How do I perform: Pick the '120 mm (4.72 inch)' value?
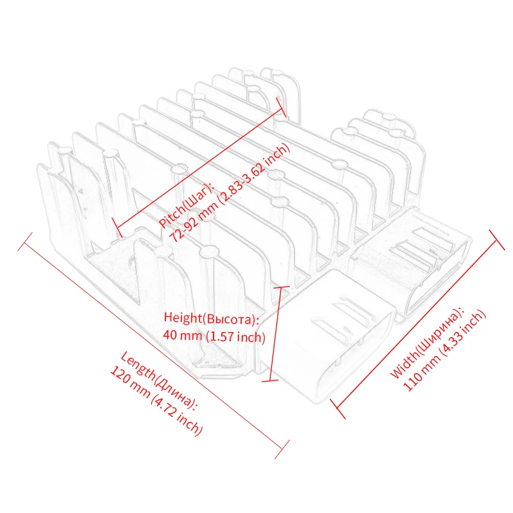tap(156, 401)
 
